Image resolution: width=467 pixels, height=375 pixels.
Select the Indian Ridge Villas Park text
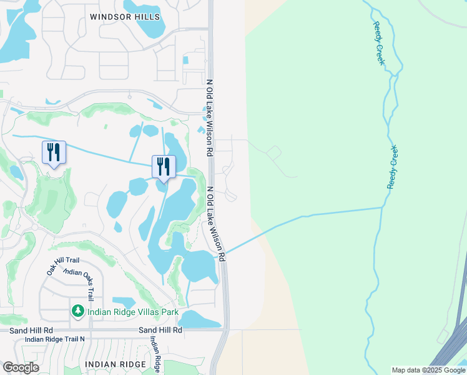133,312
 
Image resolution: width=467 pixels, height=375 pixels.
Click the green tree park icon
78,311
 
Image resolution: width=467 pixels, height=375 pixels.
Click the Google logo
21,367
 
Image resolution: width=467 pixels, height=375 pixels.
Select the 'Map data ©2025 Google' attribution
428,370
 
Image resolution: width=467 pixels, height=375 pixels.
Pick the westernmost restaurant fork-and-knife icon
54,152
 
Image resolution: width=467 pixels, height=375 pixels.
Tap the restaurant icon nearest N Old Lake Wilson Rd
164,166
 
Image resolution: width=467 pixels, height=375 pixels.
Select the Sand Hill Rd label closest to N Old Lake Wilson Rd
160,329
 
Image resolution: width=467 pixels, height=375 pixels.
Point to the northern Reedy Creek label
380,43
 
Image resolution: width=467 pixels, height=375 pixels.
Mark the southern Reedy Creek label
393,167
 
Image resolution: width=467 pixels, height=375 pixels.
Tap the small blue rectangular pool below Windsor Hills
185,60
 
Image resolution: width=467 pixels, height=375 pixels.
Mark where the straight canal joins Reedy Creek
381,207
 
